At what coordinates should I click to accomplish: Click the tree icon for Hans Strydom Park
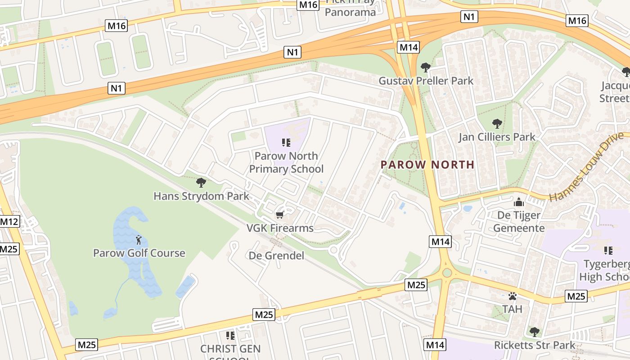tap(201, 182)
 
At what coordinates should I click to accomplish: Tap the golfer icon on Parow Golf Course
tap(139, 239)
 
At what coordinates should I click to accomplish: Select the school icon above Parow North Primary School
tap(286, 143)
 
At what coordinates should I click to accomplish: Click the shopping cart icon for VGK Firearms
tap(279, 215)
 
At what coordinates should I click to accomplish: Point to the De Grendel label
tap(276, 256)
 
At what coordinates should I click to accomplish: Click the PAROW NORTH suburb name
tap(427, 165)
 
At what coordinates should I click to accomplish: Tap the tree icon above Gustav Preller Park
tap(425, 67)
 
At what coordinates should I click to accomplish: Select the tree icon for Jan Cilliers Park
tap(497, 123)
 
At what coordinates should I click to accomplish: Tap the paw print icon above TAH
tap(512, 296)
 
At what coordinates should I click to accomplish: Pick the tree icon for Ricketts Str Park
tap(534, 332)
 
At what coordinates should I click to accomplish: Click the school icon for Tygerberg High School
tap(608, 250)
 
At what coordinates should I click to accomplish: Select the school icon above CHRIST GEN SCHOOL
tap(230, 335)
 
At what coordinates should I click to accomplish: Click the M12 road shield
tap(9, 221)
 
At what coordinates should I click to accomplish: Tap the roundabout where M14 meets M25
tap(446, 273)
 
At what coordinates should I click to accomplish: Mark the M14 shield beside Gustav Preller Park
tap(409, 47)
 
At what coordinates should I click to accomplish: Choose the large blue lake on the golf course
tap(135, 252)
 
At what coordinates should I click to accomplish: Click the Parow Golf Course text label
tap(139, 253)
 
